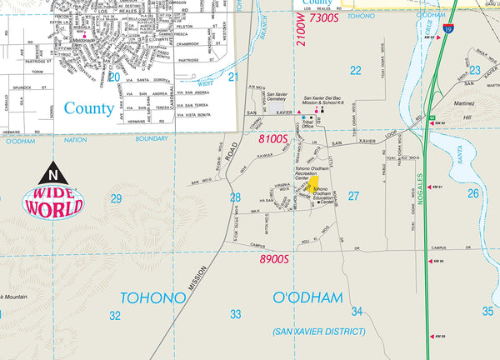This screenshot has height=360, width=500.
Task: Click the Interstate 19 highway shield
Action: tap(449, 28)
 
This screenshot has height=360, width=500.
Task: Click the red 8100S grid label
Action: tap(272, 138)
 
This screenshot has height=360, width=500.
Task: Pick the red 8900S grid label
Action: tap(272, 259)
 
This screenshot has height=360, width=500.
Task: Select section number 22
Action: tap(356, 70)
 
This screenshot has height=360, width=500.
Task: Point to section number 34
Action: tap(357, 312)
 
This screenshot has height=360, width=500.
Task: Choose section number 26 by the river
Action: tap(473, 193)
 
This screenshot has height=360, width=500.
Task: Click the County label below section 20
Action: tap(88, 107)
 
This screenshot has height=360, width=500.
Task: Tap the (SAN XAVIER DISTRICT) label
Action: tap(319, 331)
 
